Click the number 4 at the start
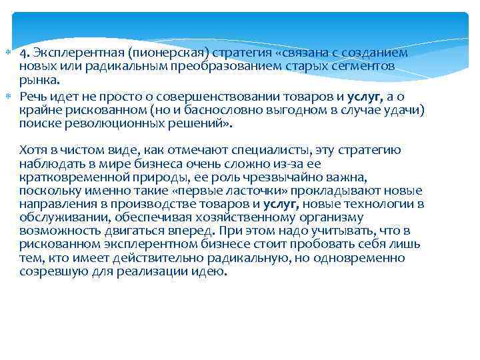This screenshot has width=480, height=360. click(x=23, y=53)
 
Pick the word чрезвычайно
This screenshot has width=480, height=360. click(x=267, y=175)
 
